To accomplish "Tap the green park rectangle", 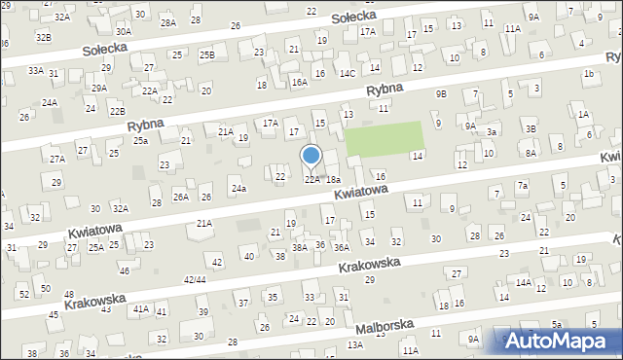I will tap(385, 140).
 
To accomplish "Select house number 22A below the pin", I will tap(311, 179).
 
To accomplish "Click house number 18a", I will tap(333, 180).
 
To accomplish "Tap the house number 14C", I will tap(348, 73).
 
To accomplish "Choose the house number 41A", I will tap(140, 308).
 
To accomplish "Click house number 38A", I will tap(300, 248).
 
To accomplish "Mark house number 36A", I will tap(342, 248).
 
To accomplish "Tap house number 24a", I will tap(238, 188).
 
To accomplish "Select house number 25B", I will tap(207, 55).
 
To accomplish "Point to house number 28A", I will tap(168, 22).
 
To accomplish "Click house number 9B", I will tap(441, 94).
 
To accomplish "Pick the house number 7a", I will tap(523, 186).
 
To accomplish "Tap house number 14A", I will tap(524, 282).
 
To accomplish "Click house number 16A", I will tap(300, 83).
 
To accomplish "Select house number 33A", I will tap(36, 70).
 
